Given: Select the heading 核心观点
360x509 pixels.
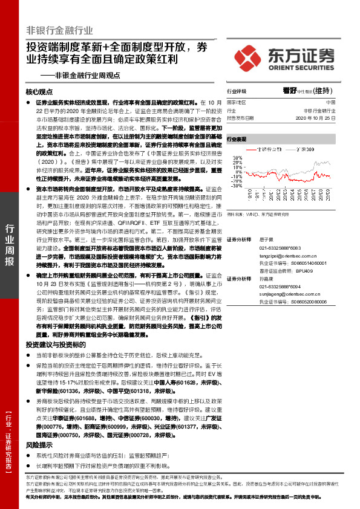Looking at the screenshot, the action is [x=40, y=92].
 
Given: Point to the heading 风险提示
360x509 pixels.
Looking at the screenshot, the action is [x=36, y=427].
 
